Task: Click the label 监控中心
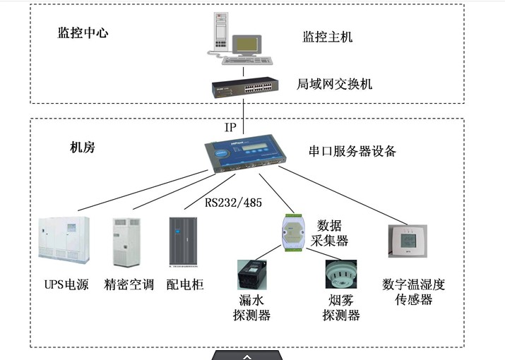[83, 32]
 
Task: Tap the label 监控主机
[327, 35]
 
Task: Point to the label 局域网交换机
[334, 85]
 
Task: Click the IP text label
[230, 128]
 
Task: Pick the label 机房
[83, 148]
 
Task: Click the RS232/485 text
[233, 203]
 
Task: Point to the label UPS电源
[66, 285]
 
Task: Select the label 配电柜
[185, 285]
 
